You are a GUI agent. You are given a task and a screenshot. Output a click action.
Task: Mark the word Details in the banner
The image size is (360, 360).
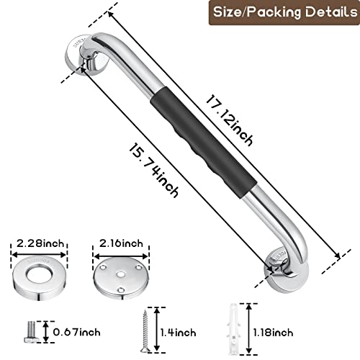pyautogui.click(x=322, y=13)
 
